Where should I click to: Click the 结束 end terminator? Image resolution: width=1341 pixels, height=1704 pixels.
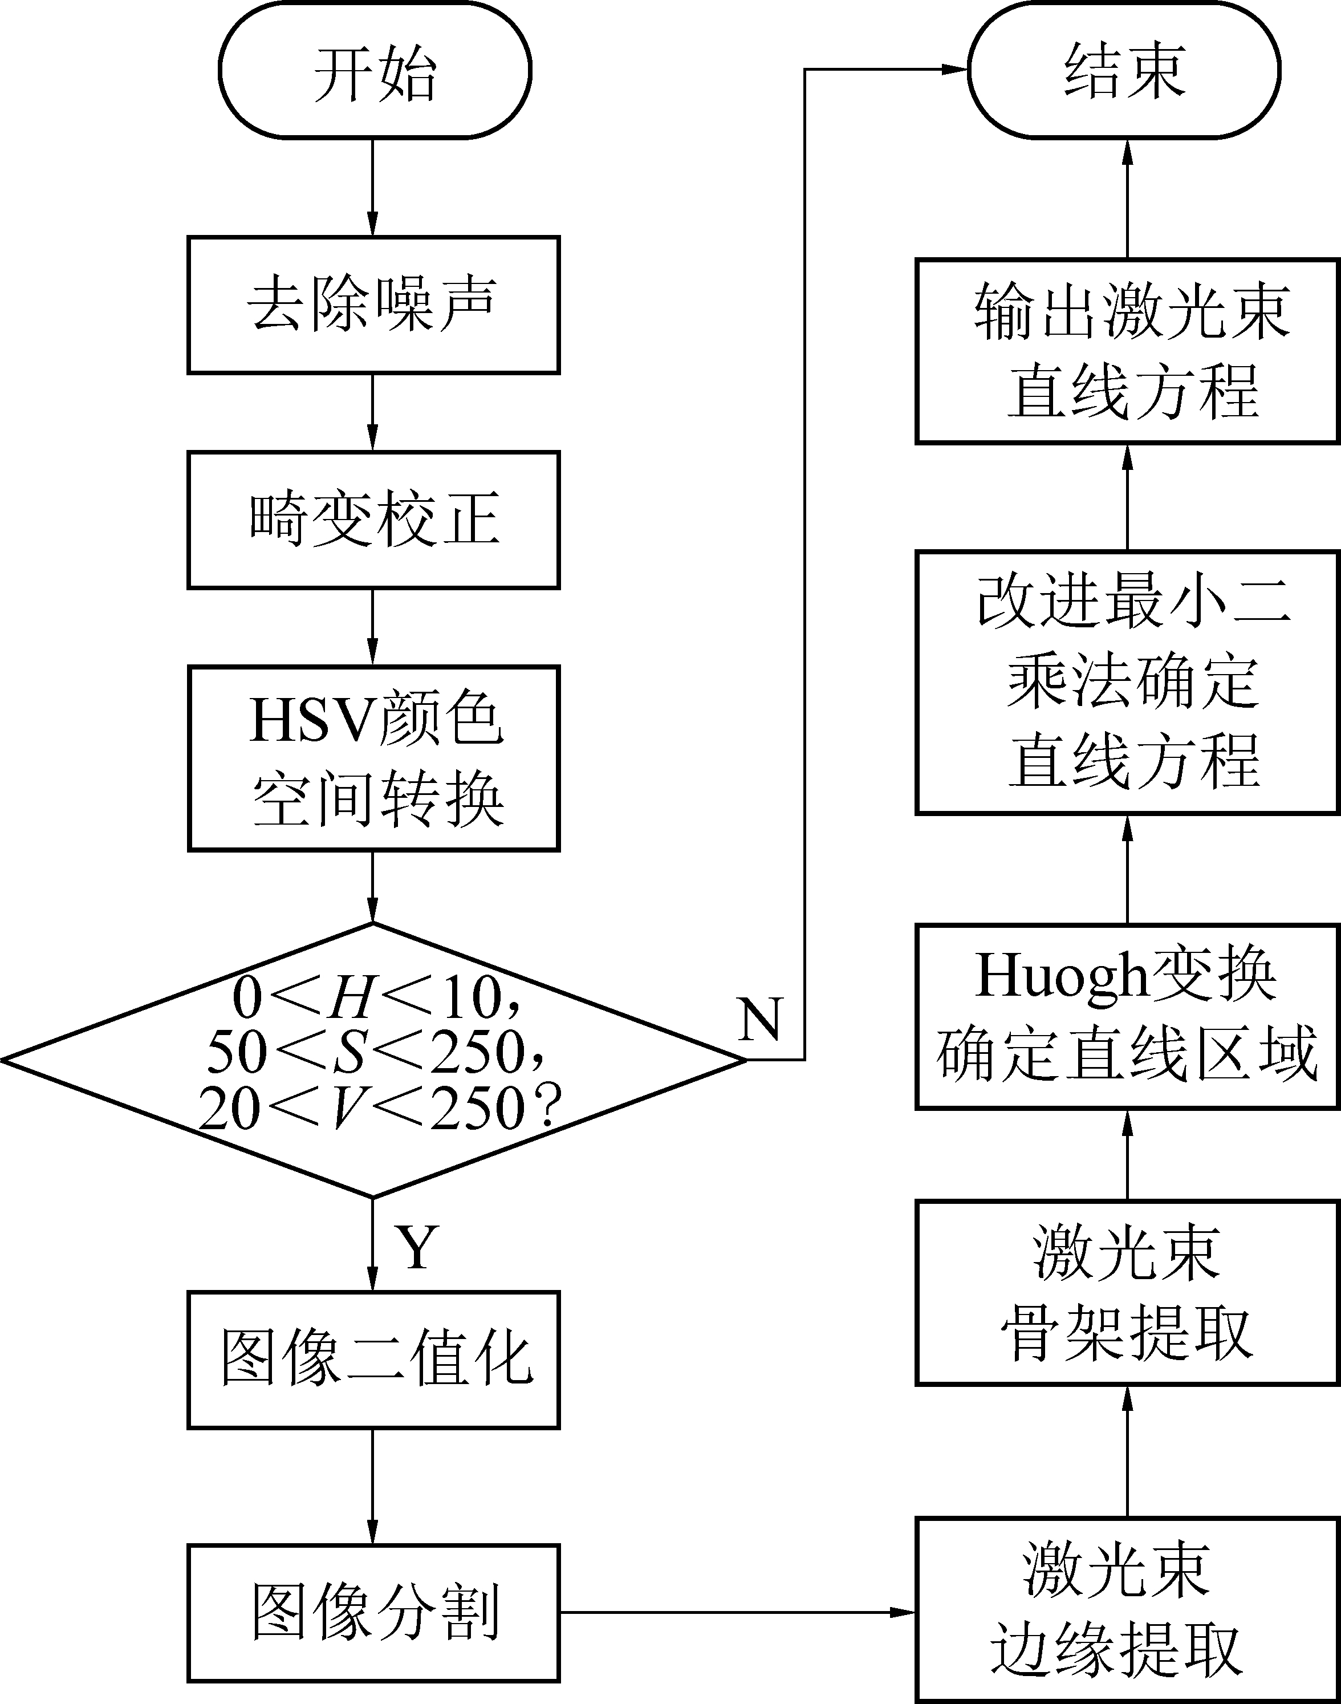point(1124,71)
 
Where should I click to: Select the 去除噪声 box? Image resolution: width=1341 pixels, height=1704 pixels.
point(373,305)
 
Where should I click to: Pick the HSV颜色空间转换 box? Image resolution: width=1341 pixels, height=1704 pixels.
point(373,758)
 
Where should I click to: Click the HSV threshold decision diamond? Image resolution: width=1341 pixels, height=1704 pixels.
point(373,1060)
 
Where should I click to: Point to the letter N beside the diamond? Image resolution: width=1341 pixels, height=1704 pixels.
point(759,1019)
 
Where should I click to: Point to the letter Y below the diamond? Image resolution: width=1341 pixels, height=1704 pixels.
point(416,1247)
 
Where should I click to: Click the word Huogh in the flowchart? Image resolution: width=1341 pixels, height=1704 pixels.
point(1062,976)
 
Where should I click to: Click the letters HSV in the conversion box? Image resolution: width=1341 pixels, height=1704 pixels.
point(311,721)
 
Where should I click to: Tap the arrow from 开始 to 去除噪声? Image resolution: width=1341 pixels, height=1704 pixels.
point(372,188)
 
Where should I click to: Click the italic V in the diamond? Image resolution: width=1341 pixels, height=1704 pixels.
point(346,1108)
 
